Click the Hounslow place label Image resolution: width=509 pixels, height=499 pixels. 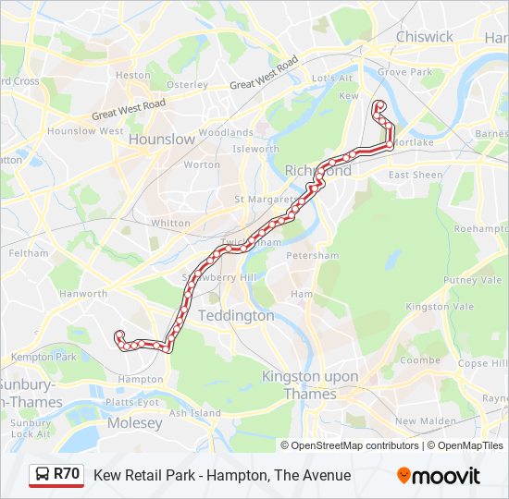162,139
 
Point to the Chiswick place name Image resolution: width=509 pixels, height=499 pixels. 425,37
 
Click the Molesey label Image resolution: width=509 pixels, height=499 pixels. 134,423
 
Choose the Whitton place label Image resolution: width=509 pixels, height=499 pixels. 170,223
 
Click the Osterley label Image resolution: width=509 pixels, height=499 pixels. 187,84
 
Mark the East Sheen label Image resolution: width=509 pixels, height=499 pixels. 416,175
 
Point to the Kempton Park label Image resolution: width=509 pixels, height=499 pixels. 43,357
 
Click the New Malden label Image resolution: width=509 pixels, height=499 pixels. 426,421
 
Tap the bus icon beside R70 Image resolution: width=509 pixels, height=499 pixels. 43,475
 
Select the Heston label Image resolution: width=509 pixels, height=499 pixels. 133,75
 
